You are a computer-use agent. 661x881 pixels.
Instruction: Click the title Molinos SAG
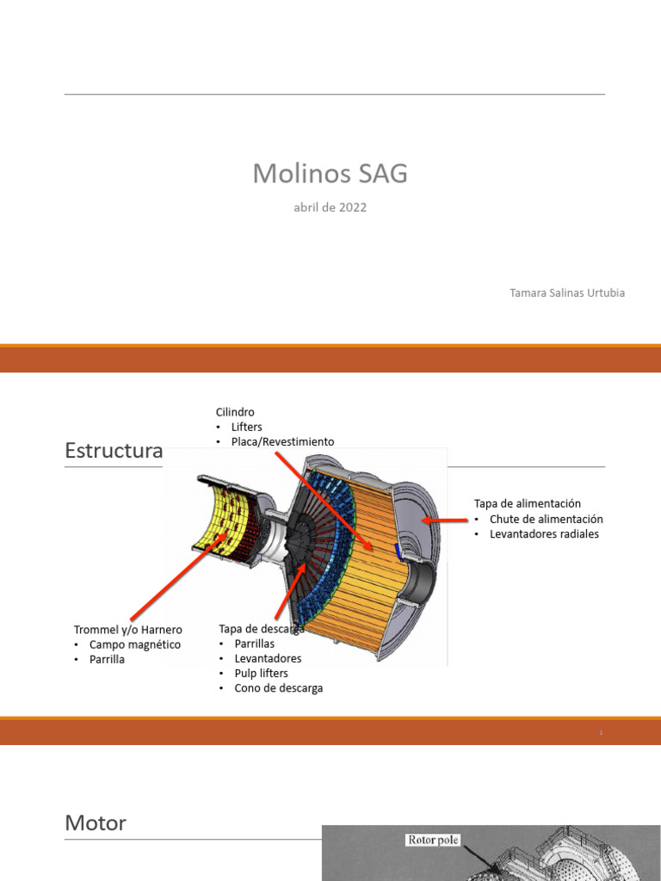point(330,175)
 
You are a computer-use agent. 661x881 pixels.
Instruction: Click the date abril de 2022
point(330,207)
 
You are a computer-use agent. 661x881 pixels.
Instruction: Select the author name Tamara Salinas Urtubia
point(567,293)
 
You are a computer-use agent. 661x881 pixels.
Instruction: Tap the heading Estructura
point(114,451)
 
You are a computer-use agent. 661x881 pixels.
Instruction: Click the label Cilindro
point(235,412)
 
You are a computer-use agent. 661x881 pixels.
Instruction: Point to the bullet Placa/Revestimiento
point(282,441)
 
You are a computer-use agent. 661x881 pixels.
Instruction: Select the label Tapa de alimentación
point(528,503)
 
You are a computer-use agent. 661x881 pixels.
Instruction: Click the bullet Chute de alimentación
point(546,519)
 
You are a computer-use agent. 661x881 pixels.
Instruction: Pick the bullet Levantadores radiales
point(544,533)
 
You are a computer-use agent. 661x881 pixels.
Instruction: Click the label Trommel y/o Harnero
point(128,630)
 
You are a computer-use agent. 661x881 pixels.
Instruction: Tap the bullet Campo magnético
point(135,644)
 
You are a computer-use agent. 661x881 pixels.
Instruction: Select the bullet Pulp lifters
point(261,673)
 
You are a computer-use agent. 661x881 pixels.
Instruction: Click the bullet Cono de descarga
point(278,688)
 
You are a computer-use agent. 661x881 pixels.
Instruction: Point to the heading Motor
point(96,823)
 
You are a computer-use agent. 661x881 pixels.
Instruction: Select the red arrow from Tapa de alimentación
point(446,520)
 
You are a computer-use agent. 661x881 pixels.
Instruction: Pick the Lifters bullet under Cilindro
point(246,427)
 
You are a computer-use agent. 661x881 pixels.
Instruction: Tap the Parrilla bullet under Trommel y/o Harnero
point(107,659)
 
